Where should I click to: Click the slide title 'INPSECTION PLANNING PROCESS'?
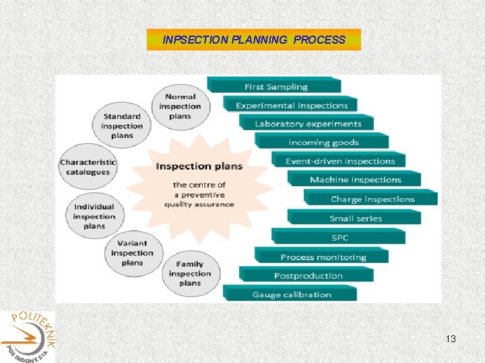(x=254, y=40)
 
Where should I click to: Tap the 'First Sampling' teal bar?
(x=276, y=86)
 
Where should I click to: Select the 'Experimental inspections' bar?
(x=292, y=105)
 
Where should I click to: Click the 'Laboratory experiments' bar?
(x=308, y=124)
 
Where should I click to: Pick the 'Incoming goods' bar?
(x=323, y=142)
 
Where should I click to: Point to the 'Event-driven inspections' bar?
(x=339, y=161)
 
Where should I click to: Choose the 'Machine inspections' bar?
(x=355, y=179)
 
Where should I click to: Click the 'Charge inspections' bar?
(x=372, y=199)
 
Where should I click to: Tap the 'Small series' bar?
(x=355, y=218)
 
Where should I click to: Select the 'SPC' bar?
(x=339, y=237)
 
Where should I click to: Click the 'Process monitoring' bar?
(x=323, y=257)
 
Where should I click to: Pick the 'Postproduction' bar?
(x=308, y=276)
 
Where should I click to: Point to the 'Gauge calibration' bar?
(x=292, y=294)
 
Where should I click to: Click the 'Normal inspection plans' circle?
(x=180, y=106)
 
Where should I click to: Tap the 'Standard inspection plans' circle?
(x=122, y=126)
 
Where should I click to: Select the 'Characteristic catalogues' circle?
(x=88, y=167)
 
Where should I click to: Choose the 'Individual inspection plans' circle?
(x=94, y=216)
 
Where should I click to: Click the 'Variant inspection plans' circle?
(x=132, y=253)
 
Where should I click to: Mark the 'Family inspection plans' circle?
(x=190, y=274)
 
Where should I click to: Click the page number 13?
(x=451, y=339)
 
